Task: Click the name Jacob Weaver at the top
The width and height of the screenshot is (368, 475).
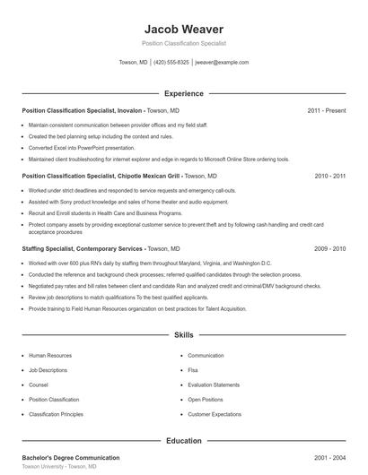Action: (183, 29)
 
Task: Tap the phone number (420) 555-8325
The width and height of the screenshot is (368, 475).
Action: (171, 63)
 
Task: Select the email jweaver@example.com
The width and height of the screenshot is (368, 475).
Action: (222, 63)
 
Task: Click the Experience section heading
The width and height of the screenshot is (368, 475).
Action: (183, 93)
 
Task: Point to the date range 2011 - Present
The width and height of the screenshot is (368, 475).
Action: (326, 110)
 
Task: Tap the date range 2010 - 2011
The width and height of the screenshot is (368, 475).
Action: (329, 177)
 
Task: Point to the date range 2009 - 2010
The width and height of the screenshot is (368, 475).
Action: (329, 247)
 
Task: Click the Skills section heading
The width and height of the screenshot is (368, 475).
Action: (183, 335)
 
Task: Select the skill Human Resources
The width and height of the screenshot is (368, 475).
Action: (50, 356)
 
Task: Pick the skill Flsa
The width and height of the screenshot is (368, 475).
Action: (193, 370)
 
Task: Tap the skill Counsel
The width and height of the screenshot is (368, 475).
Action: (39, 384)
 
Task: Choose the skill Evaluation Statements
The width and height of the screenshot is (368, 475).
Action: (214, 384)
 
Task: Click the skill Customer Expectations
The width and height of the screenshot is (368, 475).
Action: (215, 414)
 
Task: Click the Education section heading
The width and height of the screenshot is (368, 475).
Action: (183, 440)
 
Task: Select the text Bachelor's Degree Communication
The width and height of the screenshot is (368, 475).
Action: (70, 457)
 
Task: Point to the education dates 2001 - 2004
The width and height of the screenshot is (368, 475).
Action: (329, 457)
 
